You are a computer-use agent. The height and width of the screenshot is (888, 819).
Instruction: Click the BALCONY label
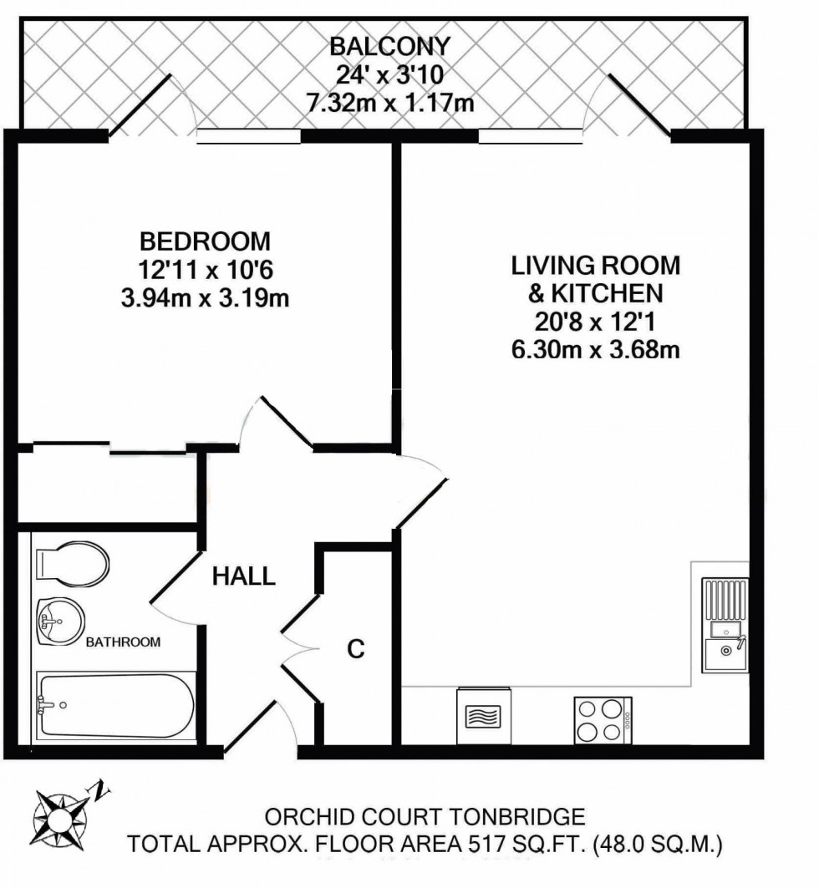tap(389, 46)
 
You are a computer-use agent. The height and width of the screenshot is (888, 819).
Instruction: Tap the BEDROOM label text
tap(205, 241)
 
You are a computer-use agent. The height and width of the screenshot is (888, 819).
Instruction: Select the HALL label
tap(243, 576)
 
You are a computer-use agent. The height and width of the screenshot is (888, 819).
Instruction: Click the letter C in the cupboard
tap(356, 649)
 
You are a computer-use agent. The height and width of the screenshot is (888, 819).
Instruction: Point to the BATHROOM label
tap(123, 642)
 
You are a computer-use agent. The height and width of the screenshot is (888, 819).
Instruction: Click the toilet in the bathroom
tap(73, 565)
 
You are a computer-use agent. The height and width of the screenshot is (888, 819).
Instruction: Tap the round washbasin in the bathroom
tap(61, 622)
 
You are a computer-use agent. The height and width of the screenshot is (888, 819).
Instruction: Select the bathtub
tap(116, 707)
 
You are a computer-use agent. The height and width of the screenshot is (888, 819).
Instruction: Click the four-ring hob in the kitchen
tap(603, 720)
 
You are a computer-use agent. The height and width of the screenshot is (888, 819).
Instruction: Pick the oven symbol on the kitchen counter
tap(484, 716)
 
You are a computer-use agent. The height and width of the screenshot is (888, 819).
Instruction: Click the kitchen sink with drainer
tap(725, 625)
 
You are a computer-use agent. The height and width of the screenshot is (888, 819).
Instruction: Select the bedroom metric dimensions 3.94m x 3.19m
tap(205, 298)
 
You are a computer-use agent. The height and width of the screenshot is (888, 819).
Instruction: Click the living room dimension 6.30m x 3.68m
tap(595, 350)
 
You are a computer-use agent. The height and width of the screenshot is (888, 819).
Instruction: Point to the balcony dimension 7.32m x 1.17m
tap(389, 103)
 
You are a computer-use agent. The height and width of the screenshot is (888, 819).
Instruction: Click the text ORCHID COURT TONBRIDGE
tap(425, 817)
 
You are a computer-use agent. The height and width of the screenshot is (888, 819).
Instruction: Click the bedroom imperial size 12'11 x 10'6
tap(205, 270)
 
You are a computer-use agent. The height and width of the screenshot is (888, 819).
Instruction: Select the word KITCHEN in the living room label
tap(608, 293)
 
